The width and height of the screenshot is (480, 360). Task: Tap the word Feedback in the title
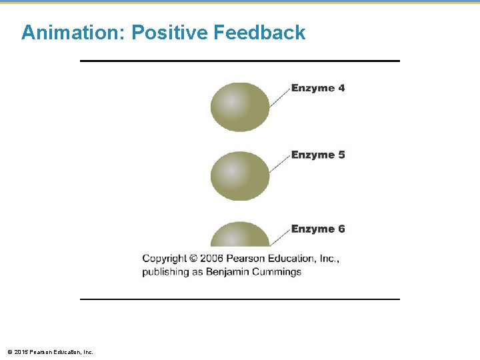(260, 32)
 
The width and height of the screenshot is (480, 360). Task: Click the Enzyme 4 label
(318, 88)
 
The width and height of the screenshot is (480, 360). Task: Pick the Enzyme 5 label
(318, 155)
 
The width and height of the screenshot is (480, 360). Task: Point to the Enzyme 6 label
(318, 229)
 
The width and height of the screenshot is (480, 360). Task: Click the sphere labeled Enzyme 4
(240, 107)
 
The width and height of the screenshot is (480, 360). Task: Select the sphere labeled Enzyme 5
(240, 176)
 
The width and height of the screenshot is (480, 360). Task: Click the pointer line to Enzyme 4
(279, 97)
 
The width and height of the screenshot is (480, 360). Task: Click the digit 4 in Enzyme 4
(341, 88)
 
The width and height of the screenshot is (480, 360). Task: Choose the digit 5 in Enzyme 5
(341, 155)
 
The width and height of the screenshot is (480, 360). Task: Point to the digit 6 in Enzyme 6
(341, 229)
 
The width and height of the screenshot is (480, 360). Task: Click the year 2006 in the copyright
(212, 259)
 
